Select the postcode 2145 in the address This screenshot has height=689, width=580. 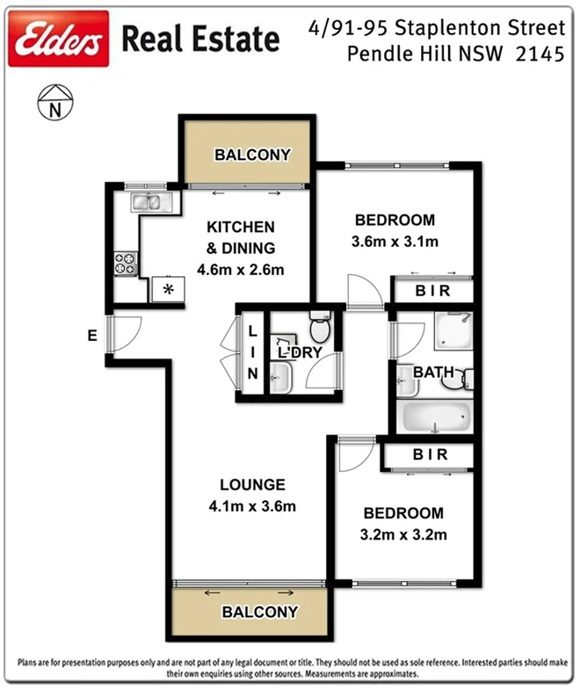tap(539, 54)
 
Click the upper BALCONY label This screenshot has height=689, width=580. tap(252, 156)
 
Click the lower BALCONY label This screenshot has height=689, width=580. tap(259, 612)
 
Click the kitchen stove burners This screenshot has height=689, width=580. tap(125, 260)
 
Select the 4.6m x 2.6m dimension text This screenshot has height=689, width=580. tap(240, 270)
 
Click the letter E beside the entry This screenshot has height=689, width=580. tap(91, 335)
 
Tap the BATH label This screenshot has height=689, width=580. tap(433, 373)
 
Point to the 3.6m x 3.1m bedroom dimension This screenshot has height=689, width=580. tap(395, 241)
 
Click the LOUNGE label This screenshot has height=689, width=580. tap(252, 485)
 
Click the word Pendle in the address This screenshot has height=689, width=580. tap(381, 54)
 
